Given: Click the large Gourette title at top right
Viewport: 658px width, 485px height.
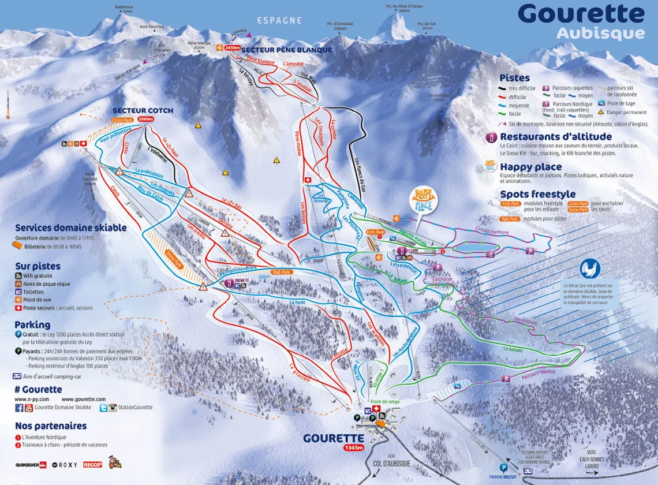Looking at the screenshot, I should [581, 13].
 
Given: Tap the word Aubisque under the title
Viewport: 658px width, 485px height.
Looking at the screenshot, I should [600, 33].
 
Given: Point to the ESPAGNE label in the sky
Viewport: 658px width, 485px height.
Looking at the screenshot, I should [280, 20].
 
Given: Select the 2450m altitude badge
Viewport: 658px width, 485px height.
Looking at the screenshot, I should [232, 48].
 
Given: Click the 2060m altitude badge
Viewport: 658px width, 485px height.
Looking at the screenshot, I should [146, 119].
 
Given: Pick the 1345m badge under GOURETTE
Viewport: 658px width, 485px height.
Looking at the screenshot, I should [353, 447].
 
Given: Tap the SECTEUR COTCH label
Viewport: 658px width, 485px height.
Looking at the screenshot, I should [143, 110].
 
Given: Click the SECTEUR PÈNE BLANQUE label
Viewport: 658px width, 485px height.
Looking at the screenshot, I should [287, 50].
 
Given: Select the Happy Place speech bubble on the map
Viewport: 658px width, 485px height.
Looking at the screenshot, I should [424, 199].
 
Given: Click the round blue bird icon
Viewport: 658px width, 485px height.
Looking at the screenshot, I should [590, 268].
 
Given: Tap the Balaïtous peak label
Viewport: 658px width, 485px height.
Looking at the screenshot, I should [124, 8].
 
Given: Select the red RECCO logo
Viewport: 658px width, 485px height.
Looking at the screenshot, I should [92, 464].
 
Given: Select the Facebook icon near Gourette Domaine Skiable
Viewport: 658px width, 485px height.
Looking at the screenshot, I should [19, 408].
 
